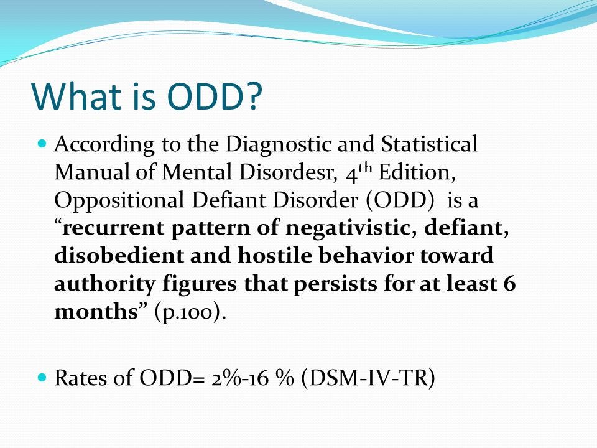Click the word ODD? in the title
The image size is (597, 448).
pos(215,95)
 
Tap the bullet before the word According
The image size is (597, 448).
pos(43,144)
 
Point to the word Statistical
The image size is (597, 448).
pos(429,144)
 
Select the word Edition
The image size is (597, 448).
pos(417,172)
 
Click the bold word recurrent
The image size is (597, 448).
pos(113,228)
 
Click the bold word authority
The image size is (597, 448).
pos(104,284)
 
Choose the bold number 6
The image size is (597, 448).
pos(509,284)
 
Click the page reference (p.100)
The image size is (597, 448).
pos(188,312)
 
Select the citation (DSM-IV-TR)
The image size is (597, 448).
pos(368,378)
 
